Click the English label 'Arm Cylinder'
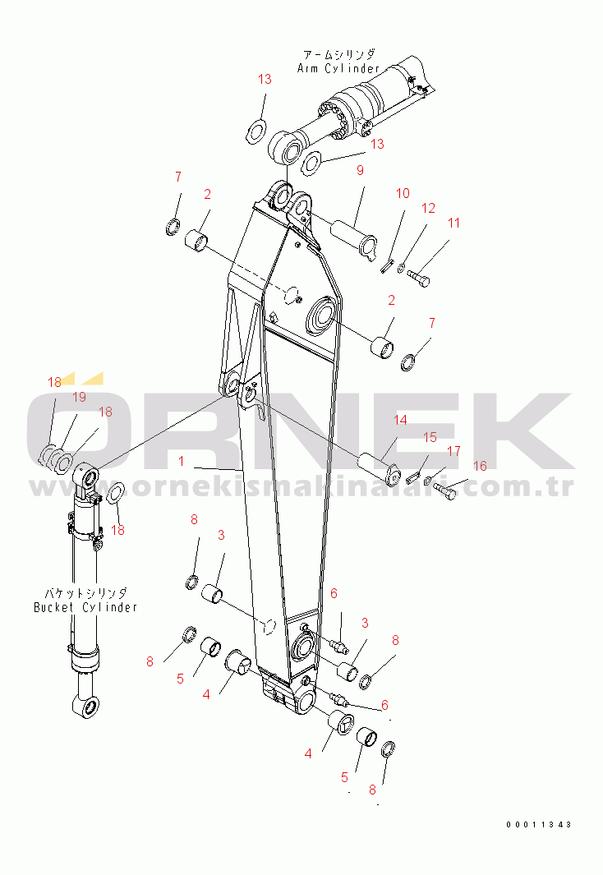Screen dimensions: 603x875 point(338,69)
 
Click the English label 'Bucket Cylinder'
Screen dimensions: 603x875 point(85,607)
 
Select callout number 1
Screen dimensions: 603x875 point(182,461)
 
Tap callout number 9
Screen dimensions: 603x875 point(360,170)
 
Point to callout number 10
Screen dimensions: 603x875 point(403,193)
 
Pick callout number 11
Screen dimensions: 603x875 point(454,223)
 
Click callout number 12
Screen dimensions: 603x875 point(428,208)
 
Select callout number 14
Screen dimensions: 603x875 point(401,420)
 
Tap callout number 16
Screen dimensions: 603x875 point(480,465)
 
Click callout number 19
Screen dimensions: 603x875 point(79,397)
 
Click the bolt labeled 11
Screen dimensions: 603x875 point(417,277)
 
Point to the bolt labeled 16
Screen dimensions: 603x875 point(444,491)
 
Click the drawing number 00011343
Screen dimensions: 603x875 point(539,824)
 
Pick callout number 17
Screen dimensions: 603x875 point(454,451)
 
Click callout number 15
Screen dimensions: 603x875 point(430,437)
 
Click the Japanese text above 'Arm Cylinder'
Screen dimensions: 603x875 point(339,54)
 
